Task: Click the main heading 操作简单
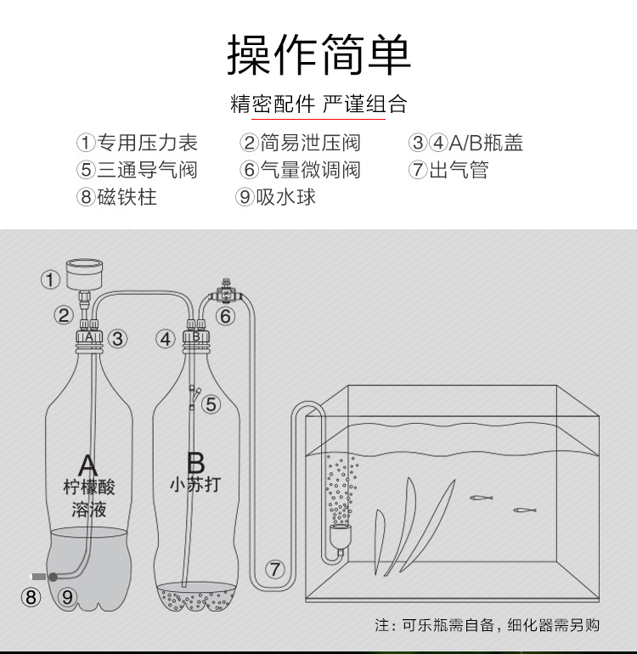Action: coord(318,56)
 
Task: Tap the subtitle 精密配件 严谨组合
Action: coord(318,104)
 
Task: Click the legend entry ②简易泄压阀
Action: coord(300,143)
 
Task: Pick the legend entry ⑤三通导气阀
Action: coord(137,170)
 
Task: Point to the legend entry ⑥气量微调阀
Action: coord(300,170)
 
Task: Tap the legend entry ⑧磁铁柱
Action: coord(116,197)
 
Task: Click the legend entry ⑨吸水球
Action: coord(276,197)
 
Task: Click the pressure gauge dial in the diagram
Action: coord(83,273)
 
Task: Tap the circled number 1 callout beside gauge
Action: coord(51,279)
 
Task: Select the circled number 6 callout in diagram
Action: coord(225,316)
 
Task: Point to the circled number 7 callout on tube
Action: coord(274,569)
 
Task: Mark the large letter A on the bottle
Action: coord(87,465)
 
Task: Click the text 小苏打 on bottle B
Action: coord(194,485)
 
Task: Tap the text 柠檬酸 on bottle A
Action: coord(88,488)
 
